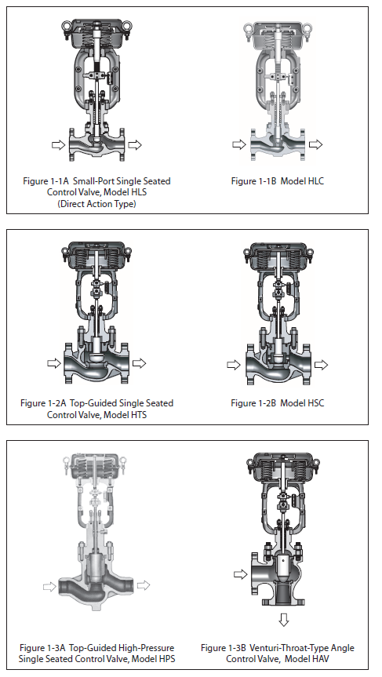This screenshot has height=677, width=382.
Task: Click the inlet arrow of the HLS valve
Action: (58, 145)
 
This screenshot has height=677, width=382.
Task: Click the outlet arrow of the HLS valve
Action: (135, 145)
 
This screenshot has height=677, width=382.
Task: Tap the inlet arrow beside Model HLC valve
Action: (238, 144)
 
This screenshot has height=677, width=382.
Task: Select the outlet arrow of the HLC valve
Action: (315, 144)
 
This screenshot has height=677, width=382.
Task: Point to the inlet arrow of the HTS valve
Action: (54, 363)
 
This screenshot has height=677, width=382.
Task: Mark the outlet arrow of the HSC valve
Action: (321, 365)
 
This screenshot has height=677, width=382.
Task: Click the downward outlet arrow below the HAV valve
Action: (284, 620)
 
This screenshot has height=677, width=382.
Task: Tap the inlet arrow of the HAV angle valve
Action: (241, 573)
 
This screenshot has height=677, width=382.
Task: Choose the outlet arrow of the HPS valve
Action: (144, 585)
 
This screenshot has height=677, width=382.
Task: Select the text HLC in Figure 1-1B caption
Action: (314, 181)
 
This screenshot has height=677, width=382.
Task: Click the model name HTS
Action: (138, 415)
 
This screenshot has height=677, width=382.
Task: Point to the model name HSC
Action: (315, 403)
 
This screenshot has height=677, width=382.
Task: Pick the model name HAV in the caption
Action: (319, 659)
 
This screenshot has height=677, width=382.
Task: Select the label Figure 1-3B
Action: (224, 648)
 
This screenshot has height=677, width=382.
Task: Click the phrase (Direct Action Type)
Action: (96, 204)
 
